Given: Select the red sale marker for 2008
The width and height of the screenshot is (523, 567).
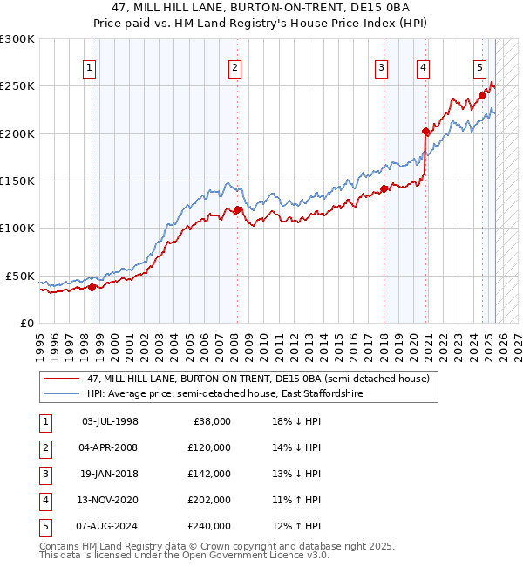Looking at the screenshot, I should tap(237, 209).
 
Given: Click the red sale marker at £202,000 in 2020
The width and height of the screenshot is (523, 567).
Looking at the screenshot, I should tap(425, 132).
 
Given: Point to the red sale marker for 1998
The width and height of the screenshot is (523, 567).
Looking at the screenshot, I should tap(92, 287).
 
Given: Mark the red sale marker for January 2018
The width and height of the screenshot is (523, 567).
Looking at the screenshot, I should tap(384, 188).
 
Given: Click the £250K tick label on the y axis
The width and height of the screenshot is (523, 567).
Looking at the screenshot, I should tap(17, 86).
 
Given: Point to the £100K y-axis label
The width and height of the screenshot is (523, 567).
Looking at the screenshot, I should tap(17, 228).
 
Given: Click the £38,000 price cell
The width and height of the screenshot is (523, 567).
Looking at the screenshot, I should tap(210, 421).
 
